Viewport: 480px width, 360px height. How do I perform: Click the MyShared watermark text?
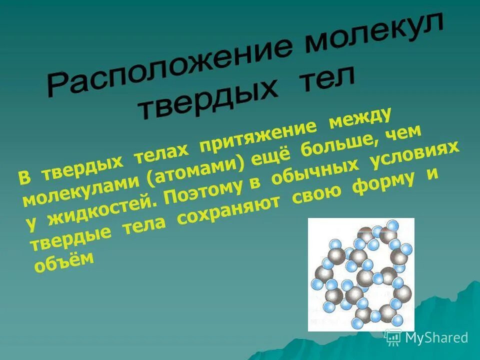pos(436,337)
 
